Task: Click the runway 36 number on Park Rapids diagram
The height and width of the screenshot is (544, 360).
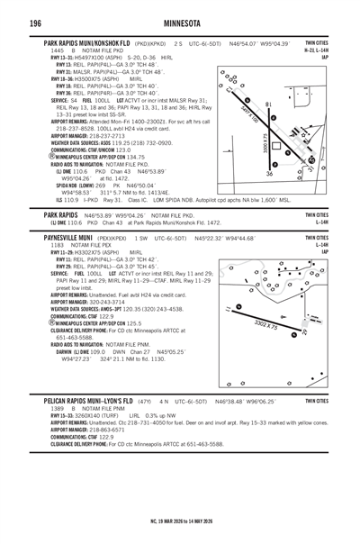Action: (269, 174)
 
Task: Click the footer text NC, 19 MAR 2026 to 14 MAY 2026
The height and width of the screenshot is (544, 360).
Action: (180, 521)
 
